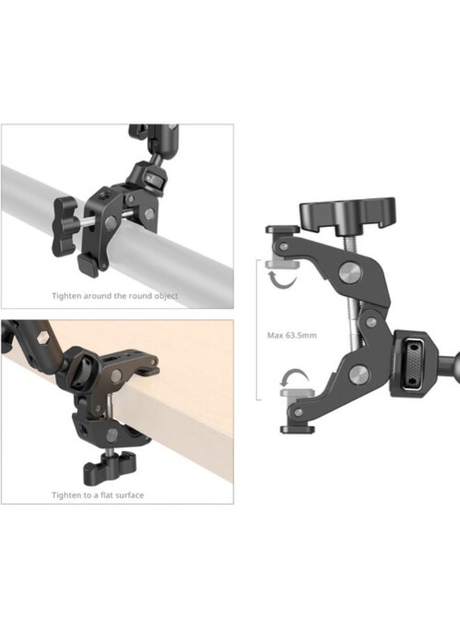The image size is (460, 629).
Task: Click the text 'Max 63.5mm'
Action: (292, 335)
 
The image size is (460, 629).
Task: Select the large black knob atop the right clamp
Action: (348, 209)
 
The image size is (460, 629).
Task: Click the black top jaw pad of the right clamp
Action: (283, 229)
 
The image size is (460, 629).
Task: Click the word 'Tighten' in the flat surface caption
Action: (67, 495)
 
